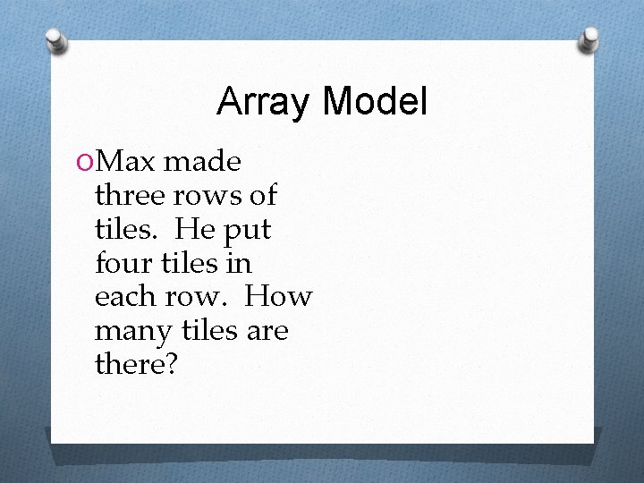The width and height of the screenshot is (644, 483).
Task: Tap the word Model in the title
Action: point(375,102)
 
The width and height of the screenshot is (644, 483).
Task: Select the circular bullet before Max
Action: point(84,162)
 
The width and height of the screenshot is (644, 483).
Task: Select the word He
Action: point(194,229)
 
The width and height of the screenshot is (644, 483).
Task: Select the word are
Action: point(267,332)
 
